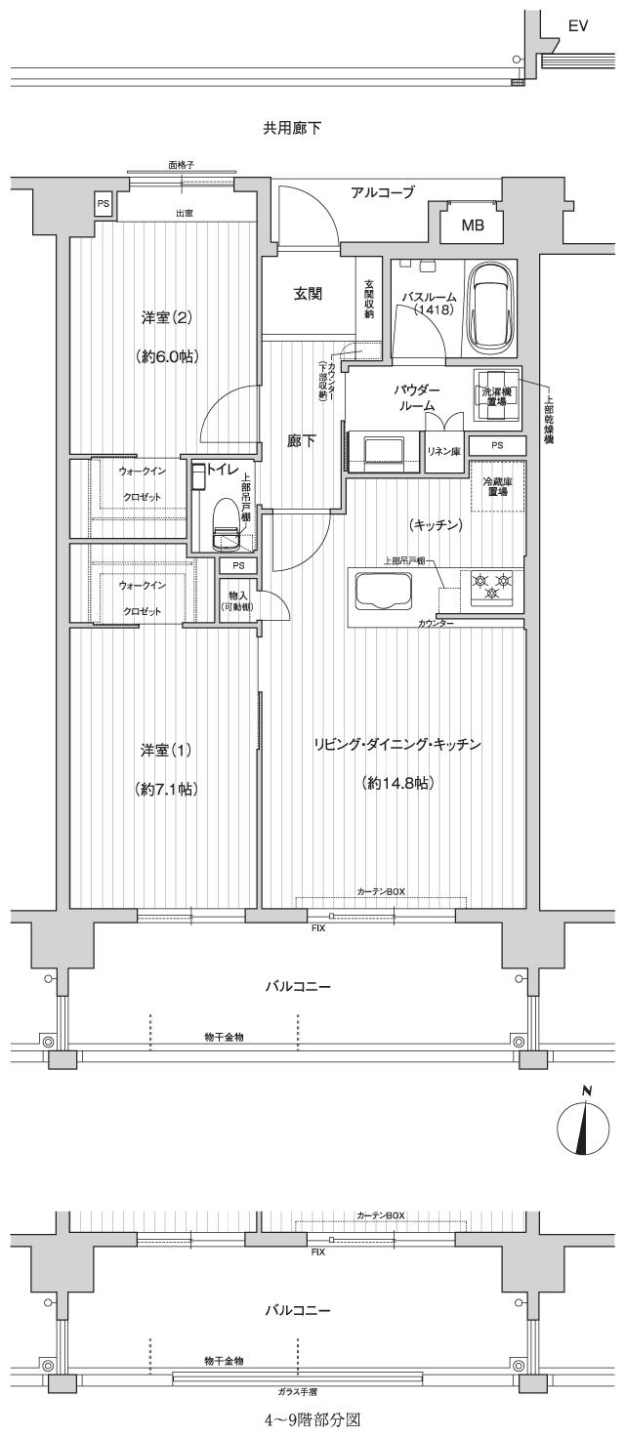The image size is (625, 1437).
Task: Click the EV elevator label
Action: [578, 27]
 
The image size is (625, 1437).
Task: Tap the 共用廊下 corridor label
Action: [292, 128]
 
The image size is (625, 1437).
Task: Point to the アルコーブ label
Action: [383, 192]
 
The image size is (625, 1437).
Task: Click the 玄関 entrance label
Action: [309, 293]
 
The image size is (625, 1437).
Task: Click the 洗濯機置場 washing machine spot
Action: [496, 395]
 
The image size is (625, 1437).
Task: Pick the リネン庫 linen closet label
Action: [444, 450]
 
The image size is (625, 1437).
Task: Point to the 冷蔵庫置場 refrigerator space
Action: [496, 486]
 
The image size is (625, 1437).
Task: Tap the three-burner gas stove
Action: [490, 588]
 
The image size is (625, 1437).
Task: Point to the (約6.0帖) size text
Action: [166, 357]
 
